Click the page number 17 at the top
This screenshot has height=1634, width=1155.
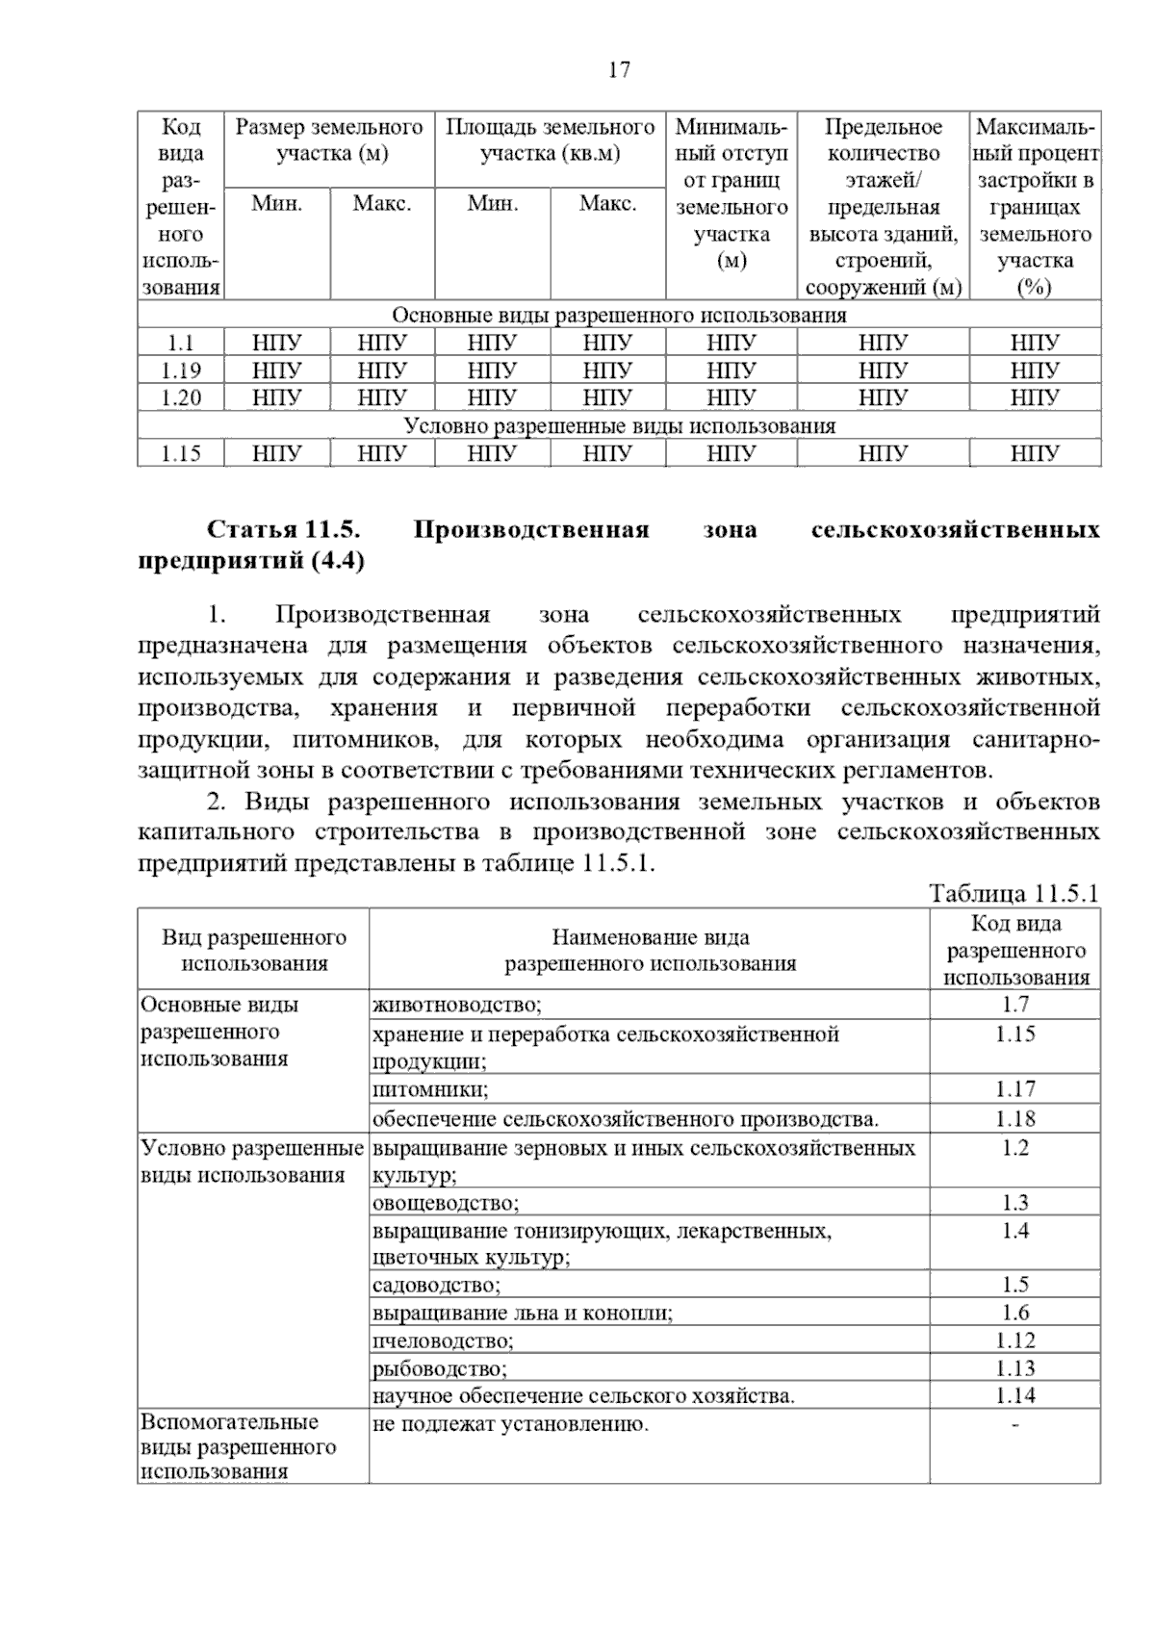click(x=619, y=69)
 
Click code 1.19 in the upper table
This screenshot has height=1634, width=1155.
click(x=180, y=370)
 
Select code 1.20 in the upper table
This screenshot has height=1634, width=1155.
click(x=180, y=397)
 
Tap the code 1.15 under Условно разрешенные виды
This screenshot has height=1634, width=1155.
click(x=180, y=453)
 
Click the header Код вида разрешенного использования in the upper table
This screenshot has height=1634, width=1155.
click(x=181, y=206)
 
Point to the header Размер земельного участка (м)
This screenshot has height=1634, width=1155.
click(x=329, y=140)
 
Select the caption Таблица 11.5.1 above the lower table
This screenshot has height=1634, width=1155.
click(x=1014, y=893)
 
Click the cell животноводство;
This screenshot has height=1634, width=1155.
click(x=457, y=1006)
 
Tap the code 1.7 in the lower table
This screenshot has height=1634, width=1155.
click(x=1014, y=1005)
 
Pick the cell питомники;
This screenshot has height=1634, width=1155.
click(x=430, y=1089)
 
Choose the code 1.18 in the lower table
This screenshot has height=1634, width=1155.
click(x=1014, y=1118)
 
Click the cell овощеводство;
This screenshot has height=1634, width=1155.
click(x=445, y=1203)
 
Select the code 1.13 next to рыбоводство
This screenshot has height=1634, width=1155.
click(x=1014, y=1368)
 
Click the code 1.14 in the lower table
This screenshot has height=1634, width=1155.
click(x=1014, y=1395)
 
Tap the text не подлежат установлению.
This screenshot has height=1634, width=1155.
click(x=510, y=1424)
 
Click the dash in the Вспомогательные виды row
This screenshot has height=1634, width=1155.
click(x=1014, y=1424)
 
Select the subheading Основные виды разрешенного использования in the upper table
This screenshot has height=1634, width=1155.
click(x=619, y=316)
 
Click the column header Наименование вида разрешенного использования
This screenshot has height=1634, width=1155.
click(x=650, y=950)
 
